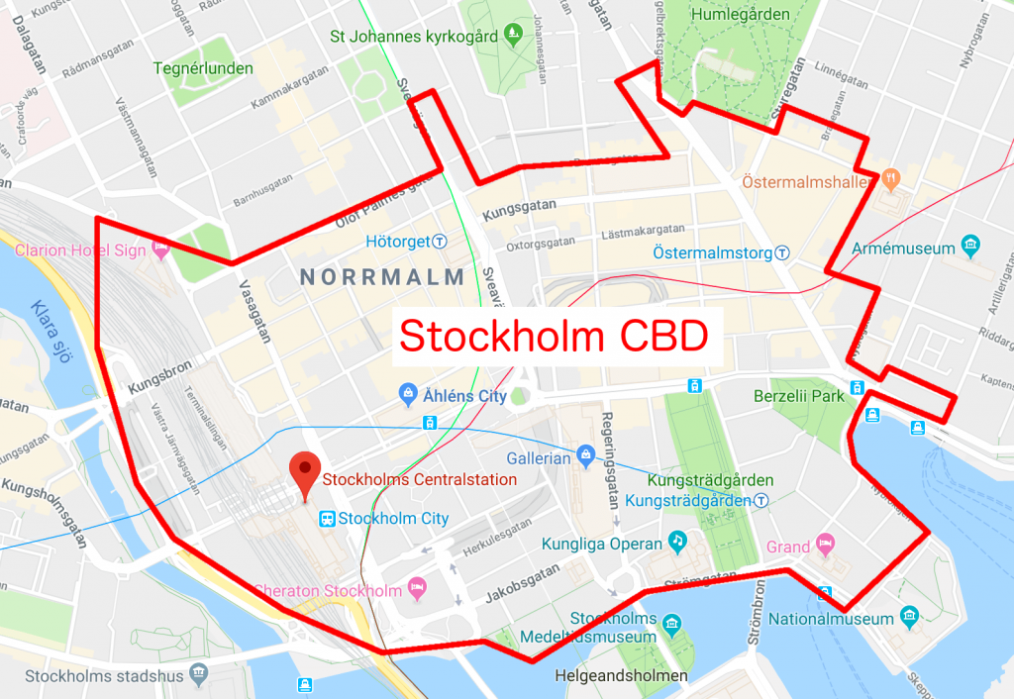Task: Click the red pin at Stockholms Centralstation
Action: [305, 473]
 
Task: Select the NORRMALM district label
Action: [382, 277]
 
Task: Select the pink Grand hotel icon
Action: [825, 546]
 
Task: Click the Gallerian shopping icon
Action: [587, 456]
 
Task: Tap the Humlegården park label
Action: [741, 15]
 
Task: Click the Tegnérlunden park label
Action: [203, 69]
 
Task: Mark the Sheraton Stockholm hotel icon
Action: [418, 590]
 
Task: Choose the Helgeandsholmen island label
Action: [622, 676]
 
